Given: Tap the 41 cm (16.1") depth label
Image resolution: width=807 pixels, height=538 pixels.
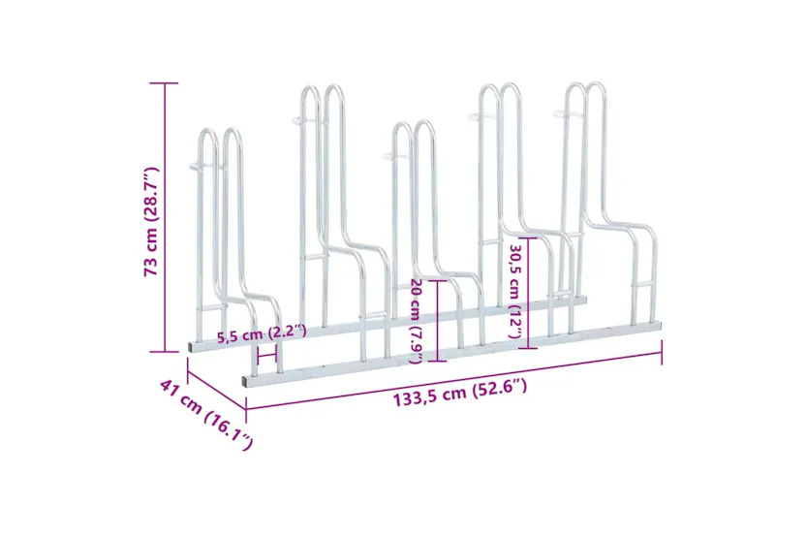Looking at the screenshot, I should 205,415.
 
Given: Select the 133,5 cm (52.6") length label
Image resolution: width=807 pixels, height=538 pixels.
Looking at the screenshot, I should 460,396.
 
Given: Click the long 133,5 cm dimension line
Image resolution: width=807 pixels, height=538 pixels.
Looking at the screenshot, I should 455,379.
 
